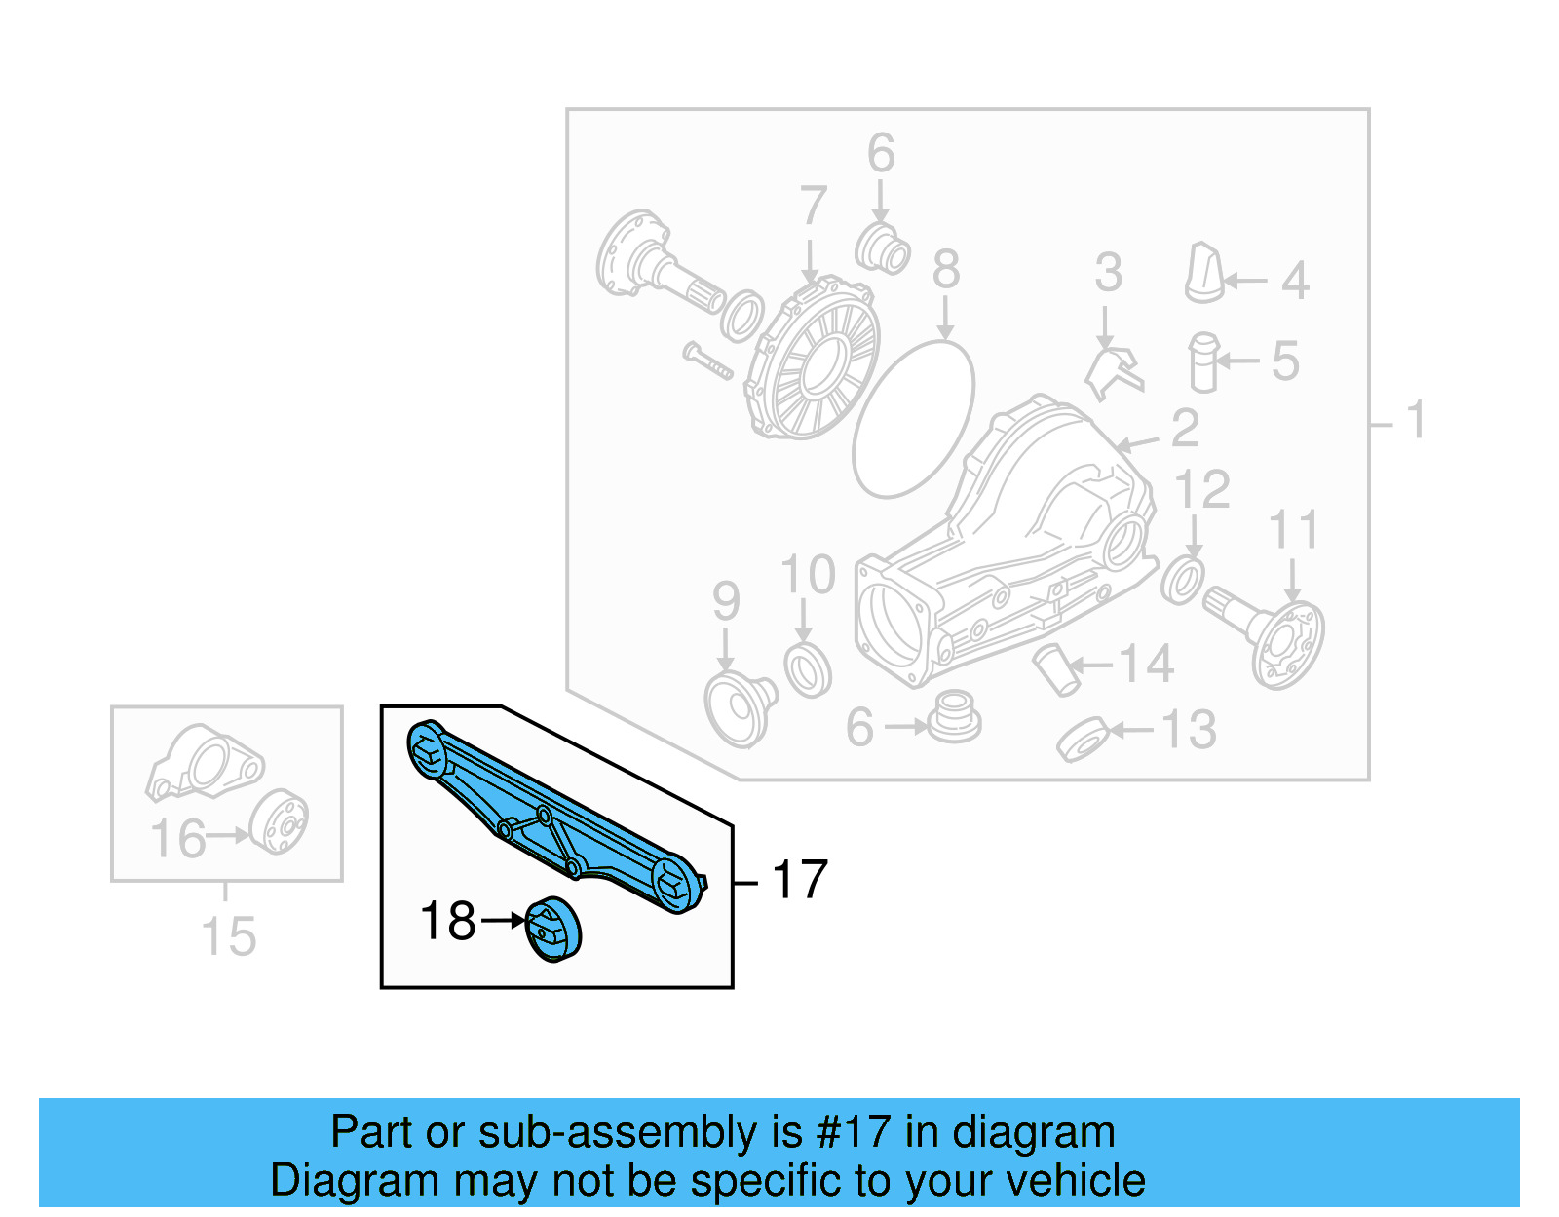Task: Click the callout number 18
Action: point(447,921)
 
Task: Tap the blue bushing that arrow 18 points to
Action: point(553,930)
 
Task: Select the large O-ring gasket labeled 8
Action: point(913,418)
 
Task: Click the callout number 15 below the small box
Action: point(228,937)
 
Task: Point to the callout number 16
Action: point(178,839)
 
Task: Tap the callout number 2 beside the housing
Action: point(1185,429)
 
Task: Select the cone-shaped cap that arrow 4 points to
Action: point(1204,274)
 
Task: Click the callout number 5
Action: point(1285,361)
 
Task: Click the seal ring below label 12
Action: point(1182,581)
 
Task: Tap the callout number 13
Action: point(1189,730)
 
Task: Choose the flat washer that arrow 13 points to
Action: point(1084,740)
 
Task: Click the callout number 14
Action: point(1146,665)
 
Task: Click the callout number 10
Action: point(808,575)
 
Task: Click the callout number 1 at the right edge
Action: point(1415,421)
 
